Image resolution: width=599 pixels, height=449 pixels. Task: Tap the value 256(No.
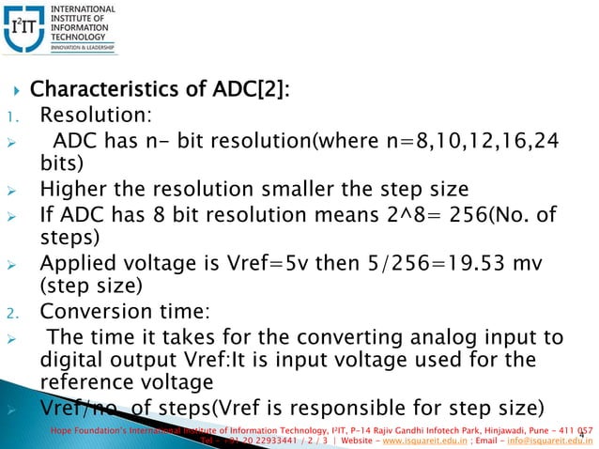coord(497,217)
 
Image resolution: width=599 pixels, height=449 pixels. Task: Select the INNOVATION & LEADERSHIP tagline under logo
coord(82,47)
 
